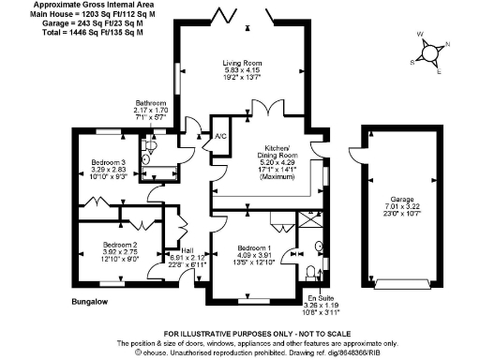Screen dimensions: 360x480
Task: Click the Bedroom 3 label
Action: [x=109, y=163]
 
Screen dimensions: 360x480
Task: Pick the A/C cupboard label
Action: [x=221, y=137]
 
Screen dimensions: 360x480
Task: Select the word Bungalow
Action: [x=92, y=303]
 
